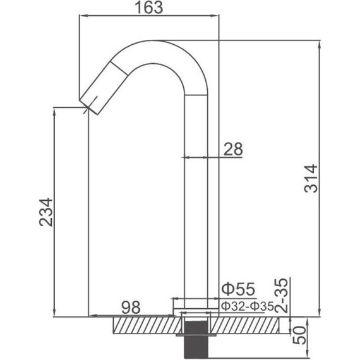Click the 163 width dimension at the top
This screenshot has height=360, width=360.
148,8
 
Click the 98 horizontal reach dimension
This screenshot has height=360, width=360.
130,308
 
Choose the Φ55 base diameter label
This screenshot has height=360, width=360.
237,290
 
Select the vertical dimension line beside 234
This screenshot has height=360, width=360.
55,211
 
